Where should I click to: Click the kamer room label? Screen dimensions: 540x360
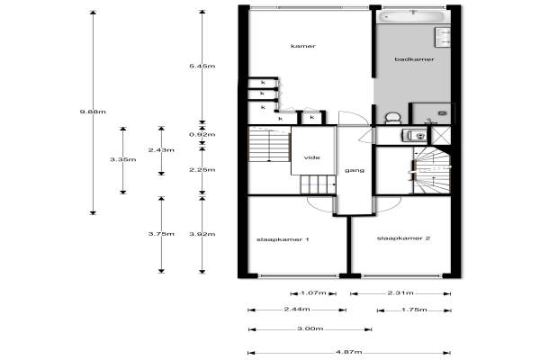point(303,46)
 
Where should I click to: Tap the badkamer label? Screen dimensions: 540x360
point(414,59)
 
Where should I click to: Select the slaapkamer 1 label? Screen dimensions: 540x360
point(283,239)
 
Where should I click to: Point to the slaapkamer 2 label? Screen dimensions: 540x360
point(403,238)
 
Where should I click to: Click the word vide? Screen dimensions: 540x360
point(312,157)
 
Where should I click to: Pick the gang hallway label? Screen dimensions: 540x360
point(355,170)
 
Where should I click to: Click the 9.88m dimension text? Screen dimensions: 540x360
point(93,112)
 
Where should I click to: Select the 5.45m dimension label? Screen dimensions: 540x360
point(202,66)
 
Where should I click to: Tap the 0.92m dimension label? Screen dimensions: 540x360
point(202,134)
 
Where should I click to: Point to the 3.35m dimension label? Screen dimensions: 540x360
point(123,159)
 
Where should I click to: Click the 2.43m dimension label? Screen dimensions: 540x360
point(161,150)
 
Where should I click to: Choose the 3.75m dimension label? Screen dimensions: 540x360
point(161,234)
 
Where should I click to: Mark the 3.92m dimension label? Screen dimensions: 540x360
point(202,234)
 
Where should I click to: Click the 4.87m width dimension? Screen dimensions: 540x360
point(349,352)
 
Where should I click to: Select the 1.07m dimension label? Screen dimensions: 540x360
point(313,293)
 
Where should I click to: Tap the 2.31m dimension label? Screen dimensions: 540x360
point(400,293)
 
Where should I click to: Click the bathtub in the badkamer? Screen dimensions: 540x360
point(413,16)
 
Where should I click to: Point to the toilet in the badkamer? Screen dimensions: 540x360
point(392,118)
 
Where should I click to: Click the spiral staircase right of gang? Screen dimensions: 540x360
point(432,170)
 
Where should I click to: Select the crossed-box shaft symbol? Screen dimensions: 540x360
point(441,135)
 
